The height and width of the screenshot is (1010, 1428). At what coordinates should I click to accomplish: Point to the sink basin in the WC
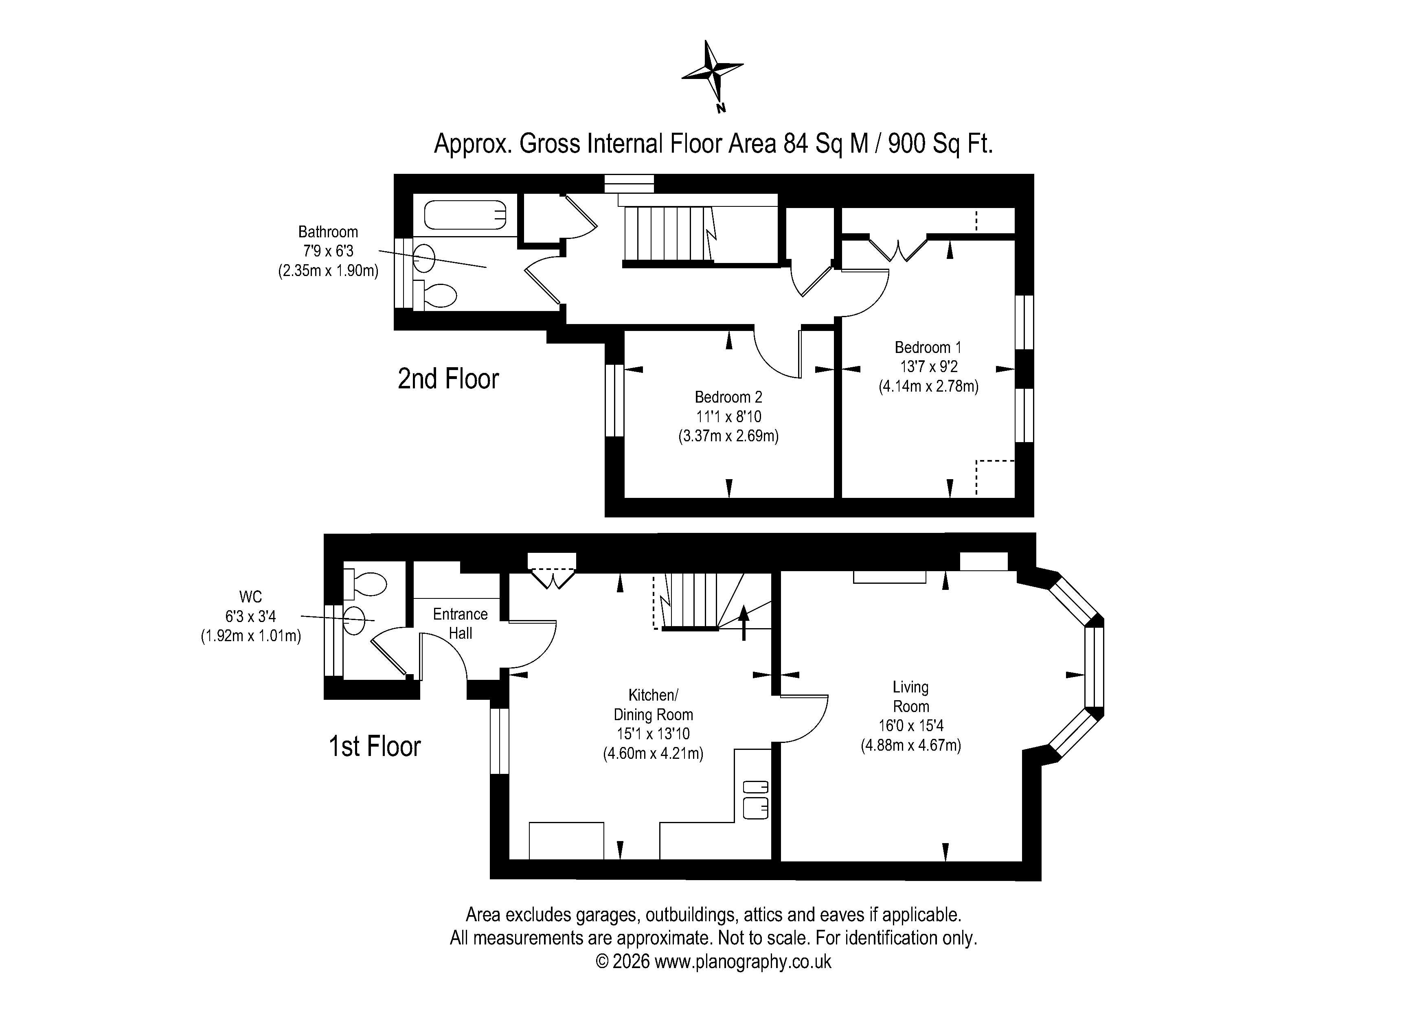(x=354, y=620)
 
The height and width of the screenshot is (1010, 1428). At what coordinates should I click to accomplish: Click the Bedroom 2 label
(x=728, y=397)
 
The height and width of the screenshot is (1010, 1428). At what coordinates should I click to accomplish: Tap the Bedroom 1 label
(x=928, y=347)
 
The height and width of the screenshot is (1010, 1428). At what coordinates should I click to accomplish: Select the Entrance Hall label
(x=460, y=624)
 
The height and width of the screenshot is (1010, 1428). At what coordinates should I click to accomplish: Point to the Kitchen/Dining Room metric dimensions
(x=653, y=754)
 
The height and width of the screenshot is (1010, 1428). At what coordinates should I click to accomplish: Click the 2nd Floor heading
(x=448, y=379)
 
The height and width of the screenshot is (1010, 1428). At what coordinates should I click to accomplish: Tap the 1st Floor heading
(x=375, y=746)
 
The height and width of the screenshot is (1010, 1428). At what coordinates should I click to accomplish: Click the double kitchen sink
(x=756, y=799)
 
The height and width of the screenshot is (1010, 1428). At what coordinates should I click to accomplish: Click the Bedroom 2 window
(x=614, y=401)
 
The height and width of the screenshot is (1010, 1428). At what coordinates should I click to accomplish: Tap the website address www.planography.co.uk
(x=743, y=962)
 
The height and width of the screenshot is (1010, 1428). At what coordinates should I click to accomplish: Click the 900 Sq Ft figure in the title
(x=940, y=144)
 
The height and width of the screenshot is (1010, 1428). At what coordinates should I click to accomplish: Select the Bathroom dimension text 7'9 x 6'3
(x=328, y=251)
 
